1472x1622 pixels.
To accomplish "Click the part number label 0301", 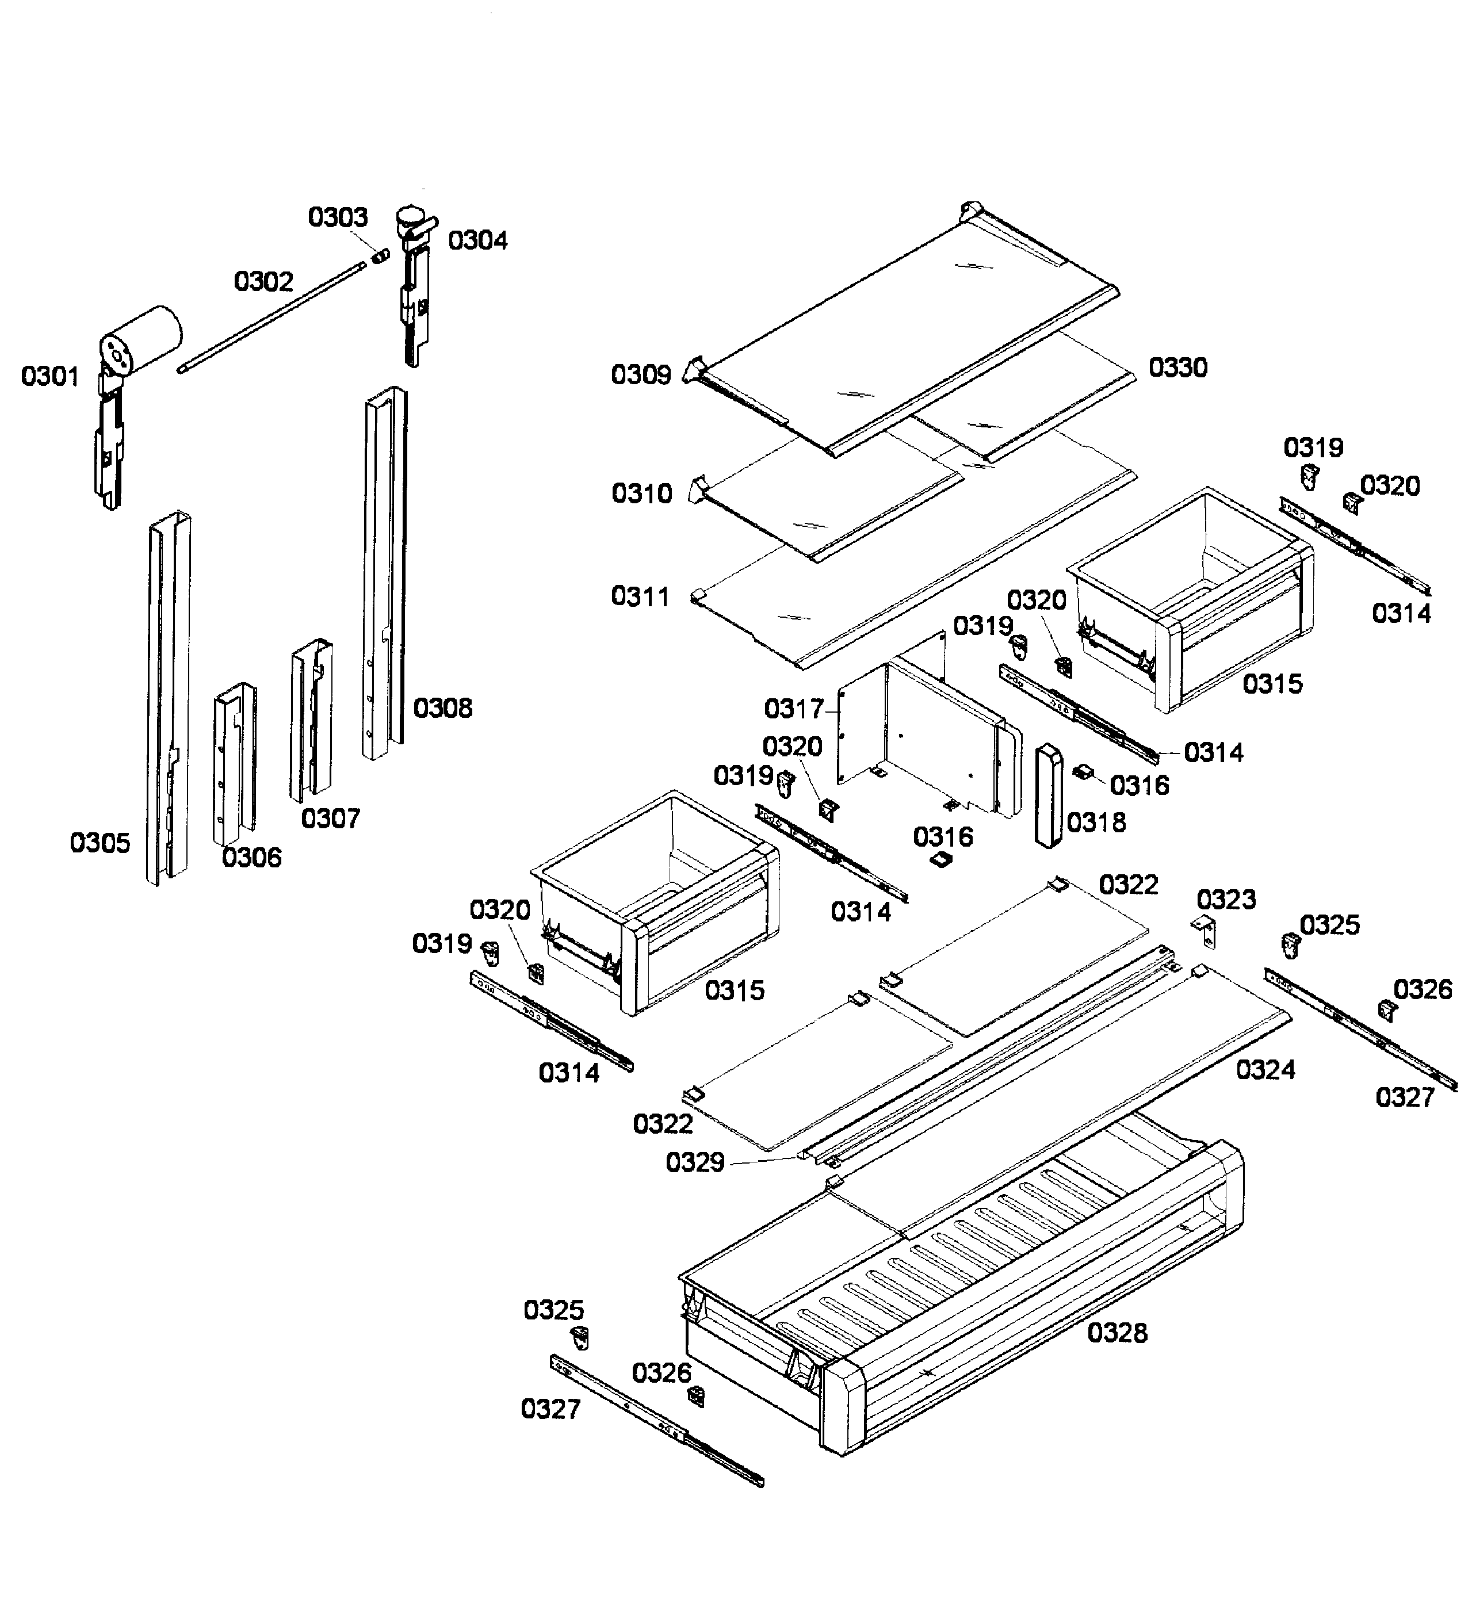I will pyautogui.click(x=50, y=377).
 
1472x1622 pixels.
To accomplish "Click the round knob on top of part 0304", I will pyautogui.click(x=411, y=216).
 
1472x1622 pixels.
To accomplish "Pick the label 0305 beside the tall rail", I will pyautogui.click(x=100, y=843).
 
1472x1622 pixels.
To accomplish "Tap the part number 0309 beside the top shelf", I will pyautogui.click(x=641, y=375).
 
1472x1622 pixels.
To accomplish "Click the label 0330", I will pyautogui.click(x=1177, y=368).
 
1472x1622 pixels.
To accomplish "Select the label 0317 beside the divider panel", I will pyautogui.click(x=794, y=710).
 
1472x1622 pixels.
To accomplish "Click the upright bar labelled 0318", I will pyautogui.click(x=1049, y=795).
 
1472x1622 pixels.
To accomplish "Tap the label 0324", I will pyautogui.click(x=1265, y=1070).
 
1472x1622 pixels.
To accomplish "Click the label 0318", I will pyautogui.click(x=1096, y=823).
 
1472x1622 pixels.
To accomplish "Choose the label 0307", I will pyautogui.click(x=330, y=819).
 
